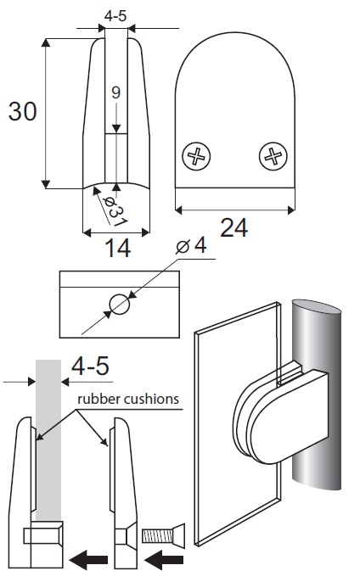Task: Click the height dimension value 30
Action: [x=23, y=111]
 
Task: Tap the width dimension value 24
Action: [x=233, y=227]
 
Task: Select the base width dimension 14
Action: [x=118, y=248]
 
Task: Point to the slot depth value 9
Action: [x=116, y=92]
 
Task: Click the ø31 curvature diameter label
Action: [x=115, y=210]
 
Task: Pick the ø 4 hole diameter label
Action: [x=191, y=245]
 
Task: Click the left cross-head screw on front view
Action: [x=196, y=156]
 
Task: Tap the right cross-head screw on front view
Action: [x=273, y=156]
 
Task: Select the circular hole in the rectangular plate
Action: [x=120, y=305]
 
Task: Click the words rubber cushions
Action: [x=128, y=399]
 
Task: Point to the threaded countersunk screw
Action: [x=164, y=535]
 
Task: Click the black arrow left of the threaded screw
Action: [x=164, y=560]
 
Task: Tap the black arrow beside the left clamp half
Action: [x=88, y=560]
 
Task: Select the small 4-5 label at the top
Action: [x=115, y=16]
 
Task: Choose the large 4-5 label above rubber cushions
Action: [x=90, y=366]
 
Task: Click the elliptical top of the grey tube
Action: [x=316, y=309]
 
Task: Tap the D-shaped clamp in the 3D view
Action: [x=283, y=416]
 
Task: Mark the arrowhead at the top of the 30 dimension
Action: [x=46, y=42]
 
